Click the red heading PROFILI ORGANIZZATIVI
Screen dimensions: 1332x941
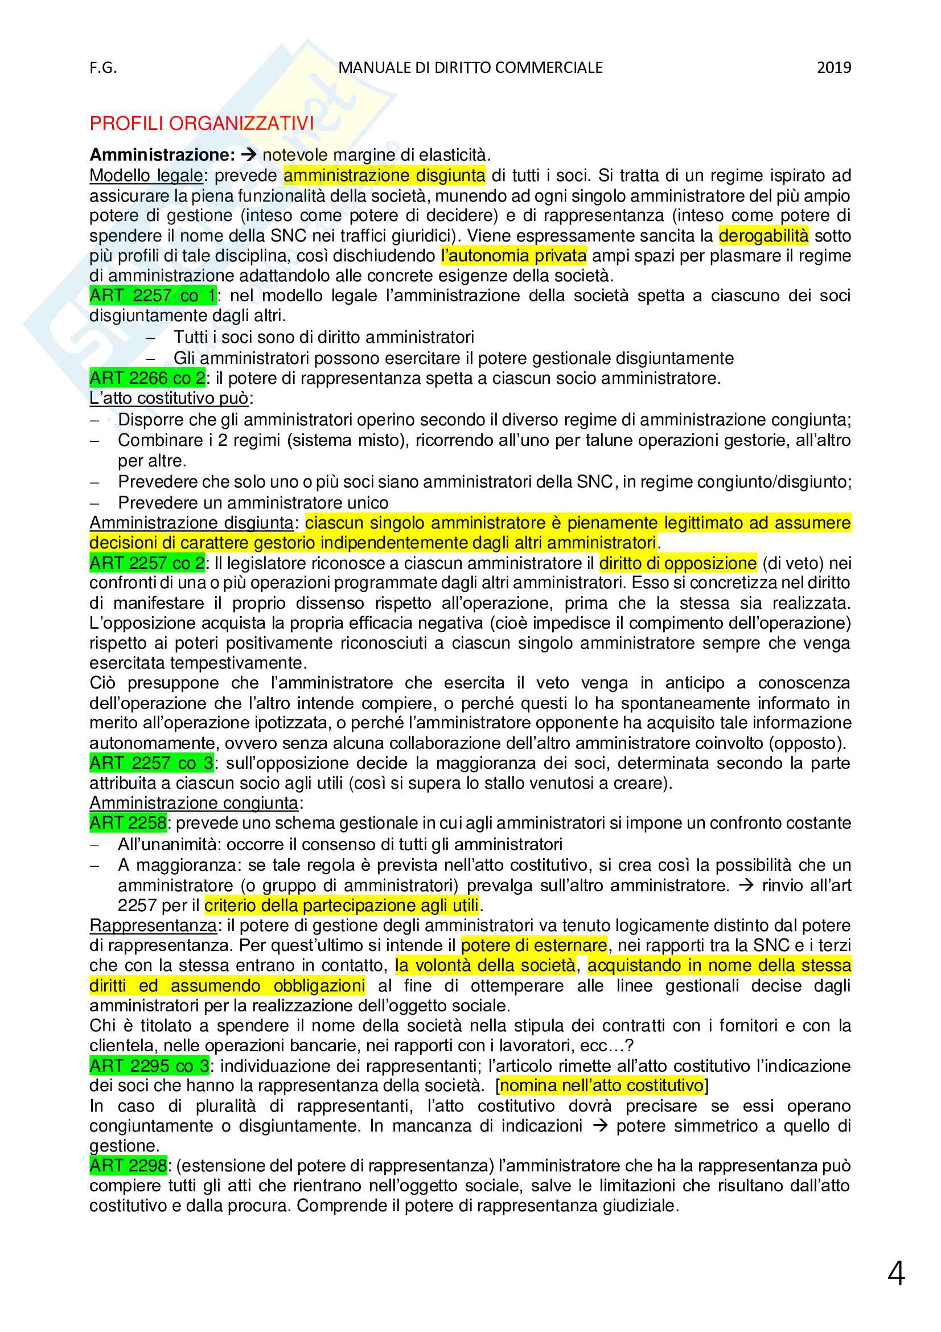click(x=201, y=123)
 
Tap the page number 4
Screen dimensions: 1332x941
click(x=896, y=1273)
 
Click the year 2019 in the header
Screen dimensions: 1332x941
click(x=834, y=68)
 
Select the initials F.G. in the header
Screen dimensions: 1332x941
click(x=103, y=68)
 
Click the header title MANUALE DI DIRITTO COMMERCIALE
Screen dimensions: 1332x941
click(x=470, y=68)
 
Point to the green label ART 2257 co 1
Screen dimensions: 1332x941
click(x=153, y=296)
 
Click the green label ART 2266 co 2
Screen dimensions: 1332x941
click(x=147, y=378)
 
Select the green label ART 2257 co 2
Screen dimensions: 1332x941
click(x=147, y=563)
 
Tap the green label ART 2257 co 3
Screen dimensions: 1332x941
click(x=151, y=763)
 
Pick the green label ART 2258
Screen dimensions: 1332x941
click(x=128, y=823)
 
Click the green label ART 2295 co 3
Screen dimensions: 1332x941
click(x=149, y=1065)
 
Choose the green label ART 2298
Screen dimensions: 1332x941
click(x=128, y=1166)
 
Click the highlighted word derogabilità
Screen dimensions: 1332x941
click(x=763, y=236)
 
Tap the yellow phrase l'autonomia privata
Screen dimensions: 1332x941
click(x=513, y=256)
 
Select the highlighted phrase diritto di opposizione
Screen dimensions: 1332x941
click(x=678, y=563)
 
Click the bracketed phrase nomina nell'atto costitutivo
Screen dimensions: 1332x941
click(x=602, y=1085)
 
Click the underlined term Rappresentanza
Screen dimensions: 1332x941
click(x=153, y=925)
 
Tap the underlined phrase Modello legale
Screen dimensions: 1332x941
click(x=146, y=175)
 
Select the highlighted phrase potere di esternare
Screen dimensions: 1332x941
click(x=534, y=946)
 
